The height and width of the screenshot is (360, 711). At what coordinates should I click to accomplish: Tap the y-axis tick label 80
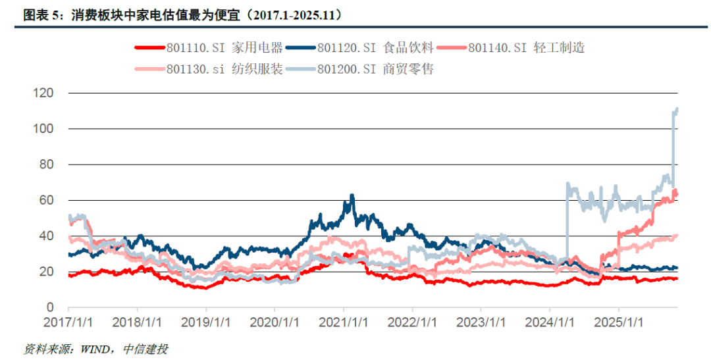coord(45,165)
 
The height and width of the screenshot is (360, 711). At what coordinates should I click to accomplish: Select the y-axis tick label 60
coord(45,200)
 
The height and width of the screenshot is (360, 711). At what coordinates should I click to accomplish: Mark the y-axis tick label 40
coord(45,236)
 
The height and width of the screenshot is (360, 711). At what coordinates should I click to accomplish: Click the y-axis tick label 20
coord(45,272)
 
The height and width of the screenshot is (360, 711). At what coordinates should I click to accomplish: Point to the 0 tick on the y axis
coord(49,307)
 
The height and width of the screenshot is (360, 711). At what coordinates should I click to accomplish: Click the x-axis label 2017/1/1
coord(68,323)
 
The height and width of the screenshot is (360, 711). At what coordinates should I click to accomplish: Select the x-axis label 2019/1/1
coord(205,323)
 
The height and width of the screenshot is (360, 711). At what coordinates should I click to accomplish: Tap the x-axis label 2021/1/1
coord(343,323)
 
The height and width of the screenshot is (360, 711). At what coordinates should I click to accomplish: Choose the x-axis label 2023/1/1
coord(481,323)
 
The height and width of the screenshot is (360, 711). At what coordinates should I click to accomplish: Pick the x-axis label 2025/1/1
coord(618,323)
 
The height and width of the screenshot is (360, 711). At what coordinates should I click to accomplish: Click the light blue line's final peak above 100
coord(677,109)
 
